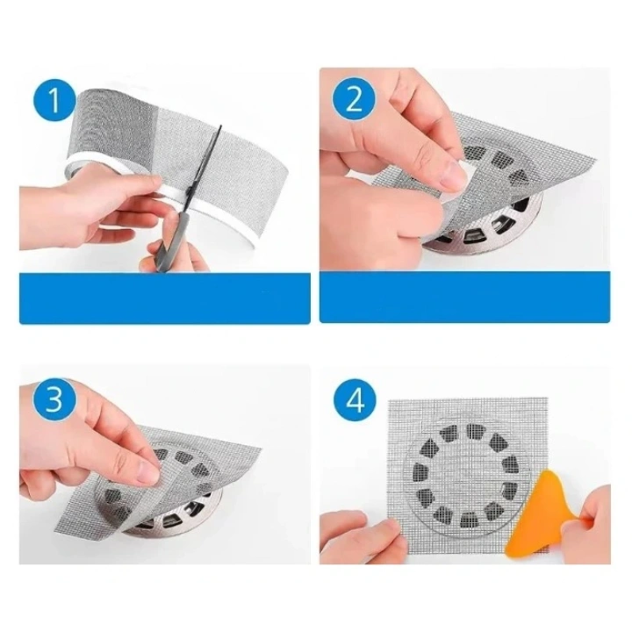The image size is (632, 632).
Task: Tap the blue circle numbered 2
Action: [354, 98]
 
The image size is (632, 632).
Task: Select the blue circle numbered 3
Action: [54, 403]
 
